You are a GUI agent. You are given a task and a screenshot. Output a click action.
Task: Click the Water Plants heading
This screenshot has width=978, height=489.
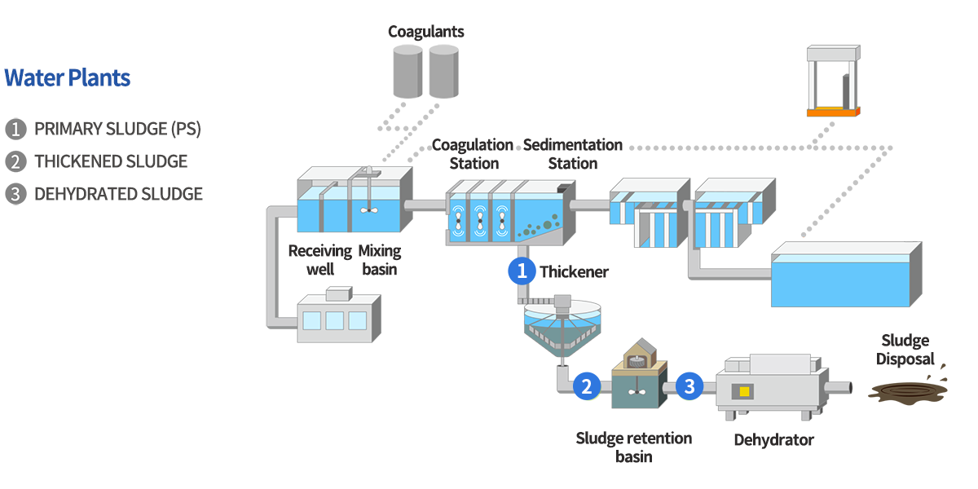coord(68,78)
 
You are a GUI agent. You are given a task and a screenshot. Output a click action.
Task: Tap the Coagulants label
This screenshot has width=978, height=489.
coord(425,32)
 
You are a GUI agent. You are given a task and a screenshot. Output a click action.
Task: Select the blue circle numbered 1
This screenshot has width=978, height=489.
coord(522,271)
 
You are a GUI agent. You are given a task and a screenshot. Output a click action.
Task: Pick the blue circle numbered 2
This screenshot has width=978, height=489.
coord(586,385)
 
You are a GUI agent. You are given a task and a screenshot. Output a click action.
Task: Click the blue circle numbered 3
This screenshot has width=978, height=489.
coord(689,385)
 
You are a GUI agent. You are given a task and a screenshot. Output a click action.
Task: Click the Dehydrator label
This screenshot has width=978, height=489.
coord(773,440)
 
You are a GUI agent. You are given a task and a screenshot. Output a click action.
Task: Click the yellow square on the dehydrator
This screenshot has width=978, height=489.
coord(743,392)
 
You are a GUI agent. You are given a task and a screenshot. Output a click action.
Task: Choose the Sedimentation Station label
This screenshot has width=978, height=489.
coord(572,154)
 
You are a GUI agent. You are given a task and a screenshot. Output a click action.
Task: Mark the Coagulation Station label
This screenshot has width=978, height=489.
coord(473,154)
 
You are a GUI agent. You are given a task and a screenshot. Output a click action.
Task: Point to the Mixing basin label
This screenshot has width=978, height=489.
coord(379,259)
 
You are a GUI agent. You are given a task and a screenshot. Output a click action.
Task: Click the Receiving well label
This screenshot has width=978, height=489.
coord(319,259)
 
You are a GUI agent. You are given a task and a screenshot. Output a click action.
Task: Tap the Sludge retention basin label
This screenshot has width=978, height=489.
coord(633,447)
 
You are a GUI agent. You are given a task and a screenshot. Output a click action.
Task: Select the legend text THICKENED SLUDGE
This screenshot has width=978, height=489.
coord(111,161)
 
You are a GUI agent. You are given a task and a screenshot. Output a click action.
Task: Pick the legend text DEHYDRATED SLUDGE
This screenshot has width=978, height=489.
coord(118,194)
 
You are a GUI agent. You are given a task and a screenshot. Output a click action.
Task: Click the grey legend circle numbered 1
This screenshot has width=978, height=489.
coord(15,129)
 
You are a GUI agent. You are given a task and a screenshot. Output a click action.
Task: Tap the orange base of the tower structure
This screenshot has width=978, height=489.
coord(832,112)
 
